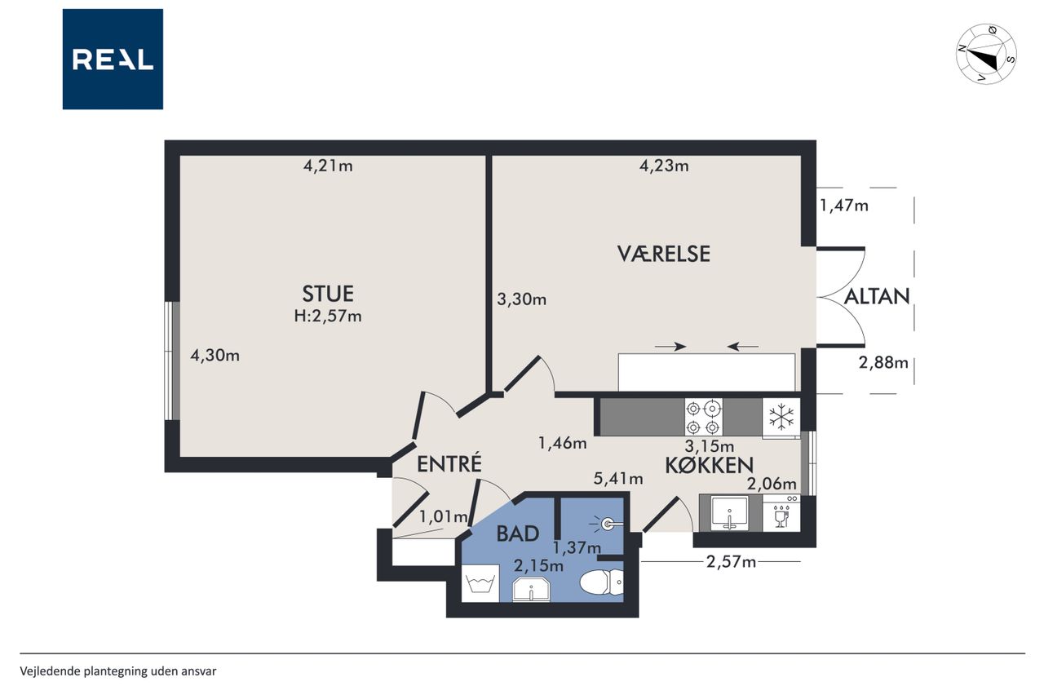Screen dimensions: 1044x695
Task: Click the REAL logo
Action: (x=113, y=60)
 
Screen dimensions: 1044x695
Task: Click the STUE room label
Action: (x=328, y=294)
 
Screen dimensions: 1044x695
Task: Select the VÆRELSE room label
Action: (x=664, y=254)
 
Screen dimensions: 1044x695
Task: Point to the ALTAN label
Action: (x=877, y=296)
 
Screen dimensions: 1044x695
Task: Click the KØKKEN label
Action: (x=709, y=465)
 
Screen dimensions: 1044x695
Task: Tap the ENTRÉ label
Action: (x=449, y=464)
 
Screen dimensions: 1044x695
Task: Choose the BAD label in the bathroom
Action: (x=518, y=533)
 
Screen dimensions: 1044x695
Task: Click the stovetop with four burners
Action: (x=703, y=417)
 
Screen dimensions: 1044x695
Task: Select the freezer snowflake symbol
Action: (x=781, y=416)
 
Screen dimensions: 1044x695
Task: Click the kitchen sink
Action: (x=730, y=513)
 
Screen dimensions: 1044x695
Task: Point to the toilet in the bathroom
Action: (x=601, y=582)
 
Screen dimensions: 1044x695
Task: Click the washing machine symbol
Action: (x=480, y=583)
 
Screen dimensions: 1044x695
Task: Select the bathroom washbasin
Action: (x=531, y=590)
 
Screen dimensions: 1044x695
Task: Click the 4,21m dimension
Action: (x=328, y=166)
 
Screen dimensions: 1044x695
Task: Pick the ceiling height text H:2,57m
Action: (x=328, y=317)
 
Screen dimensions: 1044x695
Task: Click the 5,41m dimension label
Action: (x=618, y=479)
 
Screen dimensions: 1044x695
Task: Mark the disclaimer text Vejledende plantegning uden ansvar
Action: (x=118, y=671)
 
